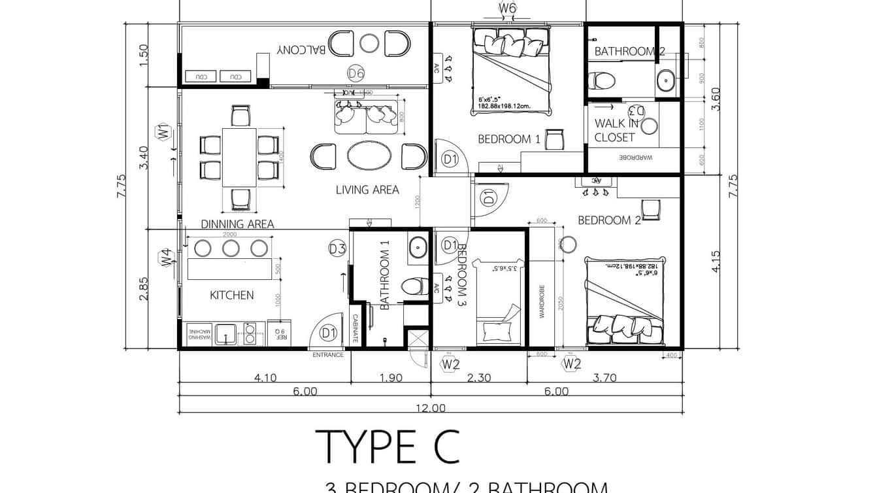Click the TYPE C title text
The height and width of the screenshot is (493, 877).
(x=388, y=447)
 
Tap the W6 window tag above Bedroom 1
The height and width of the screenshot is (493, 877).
(x=508, y=8)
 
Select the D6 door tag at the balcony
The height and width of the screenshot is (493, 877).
(x=356, y=73)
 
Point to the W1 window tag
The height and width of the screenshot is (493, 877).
(x=163, y=132)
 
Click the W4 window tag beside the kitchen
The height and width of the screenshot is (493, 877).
(x=166, y=257)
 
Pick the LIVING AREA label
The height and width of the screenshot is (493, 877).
(x=367, y=190)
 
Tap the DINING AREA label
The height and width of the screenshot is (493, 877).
(x=237, y=224)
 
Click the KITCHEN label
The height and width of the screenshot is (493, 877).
(x=231, y=296)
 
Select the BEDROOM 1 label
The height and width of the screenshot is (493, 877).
(x=509, y=139)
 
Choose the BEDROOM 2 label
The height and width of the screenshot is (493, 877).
(x=609, y=220)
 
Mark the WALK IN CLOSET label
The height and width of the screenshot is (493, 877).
(x=616, y=130)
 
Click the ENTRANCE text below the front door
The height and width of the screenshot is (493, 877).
(x=328, y=355)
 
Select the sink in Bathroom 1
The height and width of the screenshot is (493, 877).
(x=418, y=248)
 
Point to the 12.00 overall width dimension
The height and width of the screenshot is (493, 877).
(x=430, y=408)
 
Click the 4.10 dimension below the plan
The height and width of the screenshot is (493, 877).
(x=265, y=377)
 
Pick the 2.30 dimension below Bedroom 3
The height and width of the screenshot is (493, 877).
(x=479, y=377)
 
